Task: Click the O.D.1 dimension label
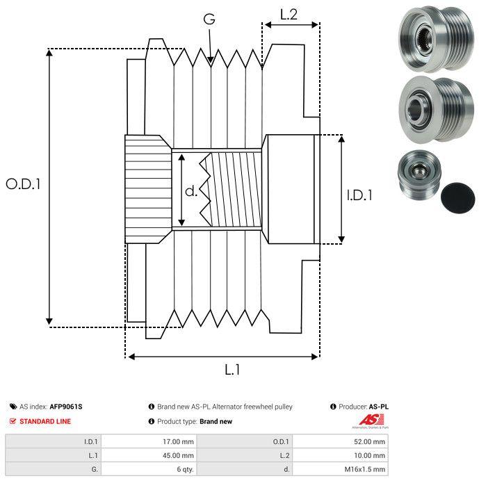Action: [x=23, y=184]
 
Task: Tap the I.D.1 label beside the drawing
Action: [x=359, y=195]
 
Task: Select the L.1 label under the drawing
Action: [x=232, y=370]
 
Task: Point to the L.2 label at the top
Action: [x=289, y=15]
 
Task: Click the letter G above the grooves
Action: [x=209, y=19]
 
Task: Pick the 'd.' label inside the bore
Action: [x=191, y=191]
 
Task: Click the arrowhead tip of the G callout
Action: [x=211, y=63]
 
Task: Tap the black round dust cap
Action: [x=458, y=197]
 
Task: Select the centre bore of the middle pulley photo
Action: [x=416, y=109]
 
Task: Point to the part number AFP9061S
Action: [x=66, y=407]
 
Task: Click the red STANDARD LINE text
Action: [x=45, y=421]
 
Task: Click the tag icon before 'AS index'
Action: [x=13, y=407]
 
